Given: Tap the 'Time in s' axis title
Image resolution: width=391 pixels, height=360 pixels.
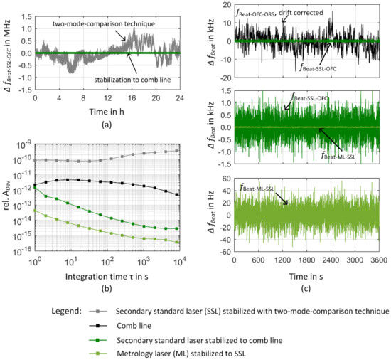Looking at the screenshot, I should click(x=308, y=274).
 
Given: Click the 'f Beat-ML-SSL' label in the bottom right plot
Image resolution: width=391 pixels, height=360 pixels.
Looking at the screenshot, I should click(x=264, y=188).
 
